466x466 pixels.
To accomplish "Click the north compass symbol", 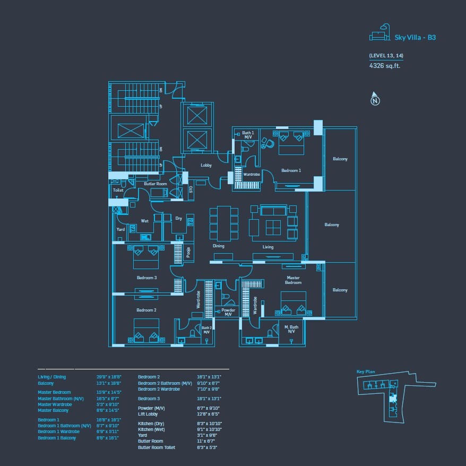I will pos(375,99).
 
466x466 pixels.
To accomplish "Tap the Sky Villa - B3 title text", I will pos(415,37).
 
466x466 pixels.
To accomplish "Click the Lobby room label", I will pos(206,166).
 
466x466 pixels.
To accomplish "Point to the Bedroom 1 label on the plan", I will pos(291,170).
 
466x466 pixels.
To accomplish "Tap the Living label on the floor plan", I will pos(268,247).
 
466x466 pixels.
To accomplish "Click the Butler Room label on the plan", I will pos(156,184).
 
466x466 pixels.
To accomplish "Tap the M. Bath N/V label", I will pos(291,329).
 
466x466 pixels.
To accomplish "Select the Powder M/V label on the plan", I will pos(228,312).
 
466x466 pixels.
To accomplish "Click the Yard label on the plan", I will pos(120,229).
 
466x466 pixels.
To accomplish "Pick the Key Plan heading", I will pos(366,372).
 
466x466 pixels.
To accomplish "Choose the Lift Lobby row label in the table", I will pos(149,413).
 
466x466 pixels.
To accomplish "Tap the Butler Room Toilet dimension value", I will pos(207,447).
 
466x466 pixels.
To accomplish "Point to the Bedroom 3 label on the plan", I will pos(146,278).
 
